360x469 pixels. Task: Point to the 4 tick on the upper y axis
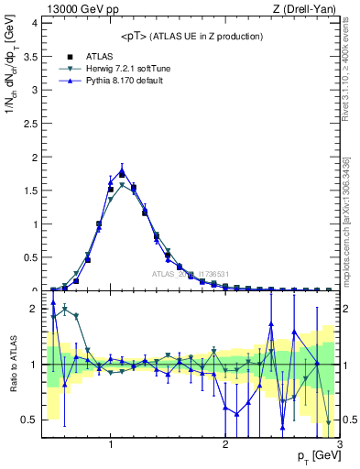click(35, 22)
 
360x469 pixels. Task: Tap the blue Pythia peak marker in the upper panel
click(122, 169)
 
